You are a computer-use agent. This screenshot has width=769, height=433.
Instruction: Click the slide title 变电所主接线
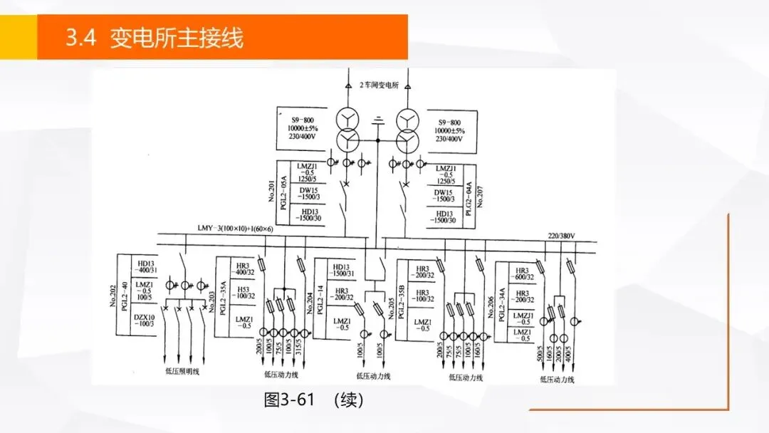(176, 37)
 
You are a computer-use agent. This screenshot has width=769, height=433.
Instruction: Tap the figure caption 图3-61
(288, 400)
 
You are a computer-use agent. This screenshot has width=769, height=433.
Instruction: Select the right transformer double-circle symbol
(407, 126)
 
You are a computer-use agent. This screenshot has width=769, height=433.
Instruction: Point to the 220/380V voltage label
(561, 236)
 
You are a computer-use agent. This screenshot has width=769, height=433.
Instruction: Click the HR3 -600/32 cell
(523, 273)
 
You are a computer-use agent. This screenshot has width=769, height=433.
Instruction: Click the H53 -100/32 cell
(244, 295)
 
